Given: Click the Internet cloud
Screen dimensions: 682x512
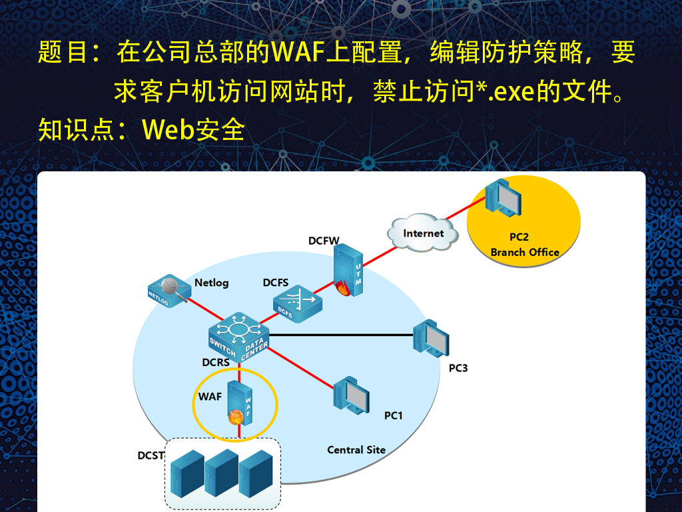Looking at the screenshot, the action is click(423, 232).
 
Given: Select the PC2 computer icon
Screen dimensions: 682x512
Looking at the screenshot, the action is click(503, 198).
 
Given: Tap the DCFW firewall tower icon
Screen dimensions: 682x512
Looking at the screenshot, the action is click(348, 270).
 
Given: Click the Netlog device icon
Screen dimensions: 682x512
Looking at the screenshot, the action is click(169, 291).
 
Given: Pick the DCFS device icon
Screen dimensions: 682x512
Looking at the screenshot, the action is click(298, 304).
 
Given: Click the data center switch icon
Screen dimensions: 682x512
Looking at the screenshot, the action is click(238, 337).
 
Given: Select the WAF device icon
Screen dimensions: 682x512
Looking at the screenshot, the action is click(240, 403).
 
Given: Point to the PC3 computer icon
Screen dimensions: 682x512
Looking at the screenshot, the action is click(431, 339).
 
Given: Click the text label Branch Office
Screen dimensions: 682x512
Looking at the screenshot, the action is click(525, 252).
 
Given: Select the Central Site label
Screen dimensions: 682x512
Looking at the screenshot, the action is click(356, 450).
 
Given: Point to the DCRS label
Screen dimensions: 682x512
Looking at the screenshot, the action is click(216, 362).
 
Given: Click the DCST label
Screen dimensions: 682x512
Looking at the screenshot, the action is click(151, 455).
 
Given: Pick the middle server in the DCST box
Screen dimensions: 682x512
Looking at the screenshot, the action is click(221, 473).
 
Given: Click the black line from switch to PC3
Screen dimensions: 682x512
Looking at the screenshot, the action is click(341, 335).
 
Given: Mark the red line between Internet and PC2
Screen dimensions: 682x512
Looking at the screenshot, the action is click(464, 209).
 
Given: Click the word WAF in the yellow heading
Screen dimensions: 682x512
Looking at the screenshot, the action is click(299, 52).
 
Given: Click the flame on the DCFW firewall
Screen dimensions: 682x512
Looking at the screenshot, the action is click(343, 288).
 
